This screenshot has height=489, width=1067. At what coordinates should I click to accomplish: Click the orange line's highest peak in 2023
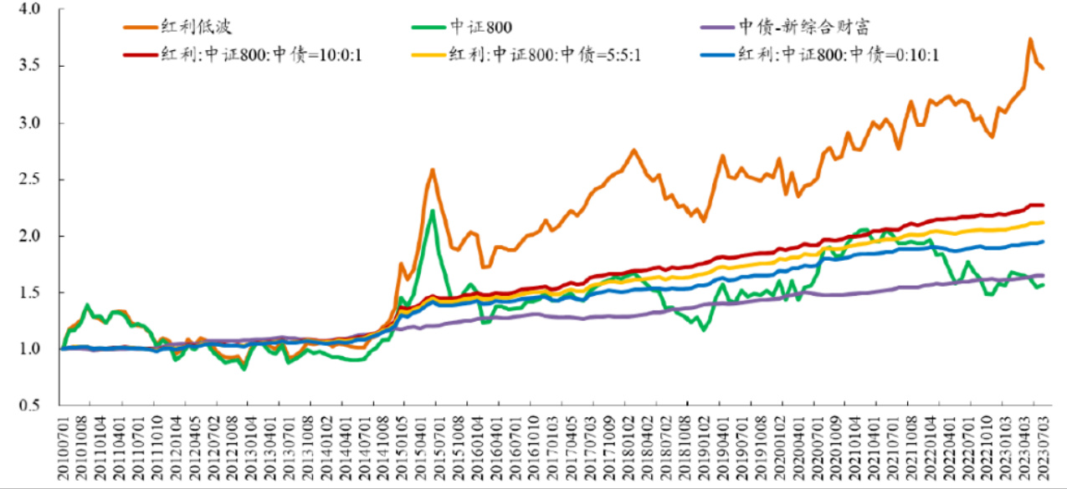coord(1030,39)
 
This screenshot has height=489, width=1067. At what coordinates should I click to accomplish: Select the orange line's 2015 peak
coord(433,170)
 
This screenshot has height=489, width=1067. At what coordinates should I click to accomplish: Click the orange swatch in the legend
coord(138,26)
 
